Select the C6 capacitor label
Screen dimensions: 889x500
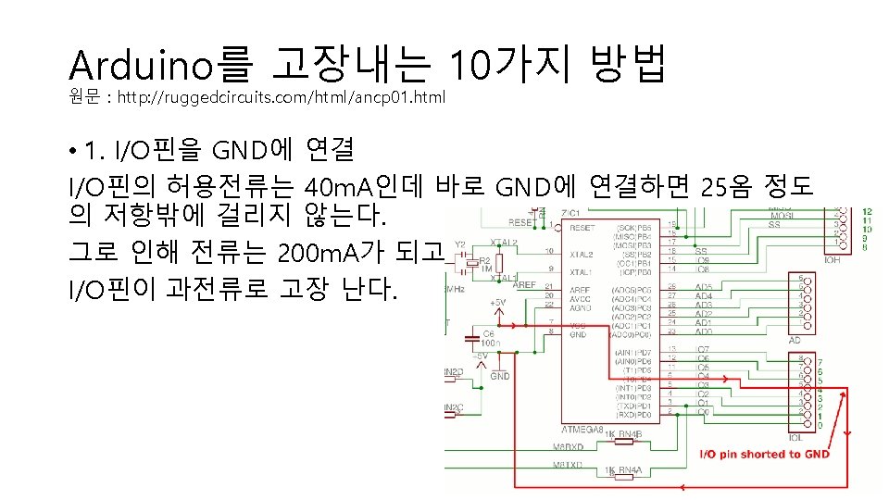pyautogui.click(x=488, y=332)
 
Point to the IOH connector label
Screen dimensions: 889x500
pyautogui.click(x=833, y=260)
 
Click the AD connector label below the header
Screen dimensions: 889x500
pyautogui.click(x=794, y=340)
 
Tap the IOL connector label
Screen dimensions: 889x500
pyautogui.click(x=794, y=437)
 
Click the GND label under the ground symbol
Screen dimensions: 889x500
pyautogui.click(x=500, y=377)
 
